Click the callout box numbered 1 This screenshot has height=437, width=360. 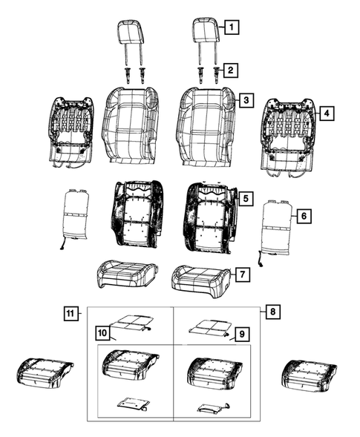coord(232,29)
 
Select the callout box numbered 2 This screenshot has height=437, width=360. coord(232,70)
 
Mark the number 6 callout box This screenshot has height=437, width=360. coord(304,216)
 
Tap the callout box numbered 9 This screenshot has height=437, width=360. coord(241,335)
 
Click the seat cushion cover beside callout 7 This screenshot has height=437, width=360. coord(198,279)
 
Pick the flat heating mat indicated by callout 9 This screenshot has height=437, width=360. coord(208,327)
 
